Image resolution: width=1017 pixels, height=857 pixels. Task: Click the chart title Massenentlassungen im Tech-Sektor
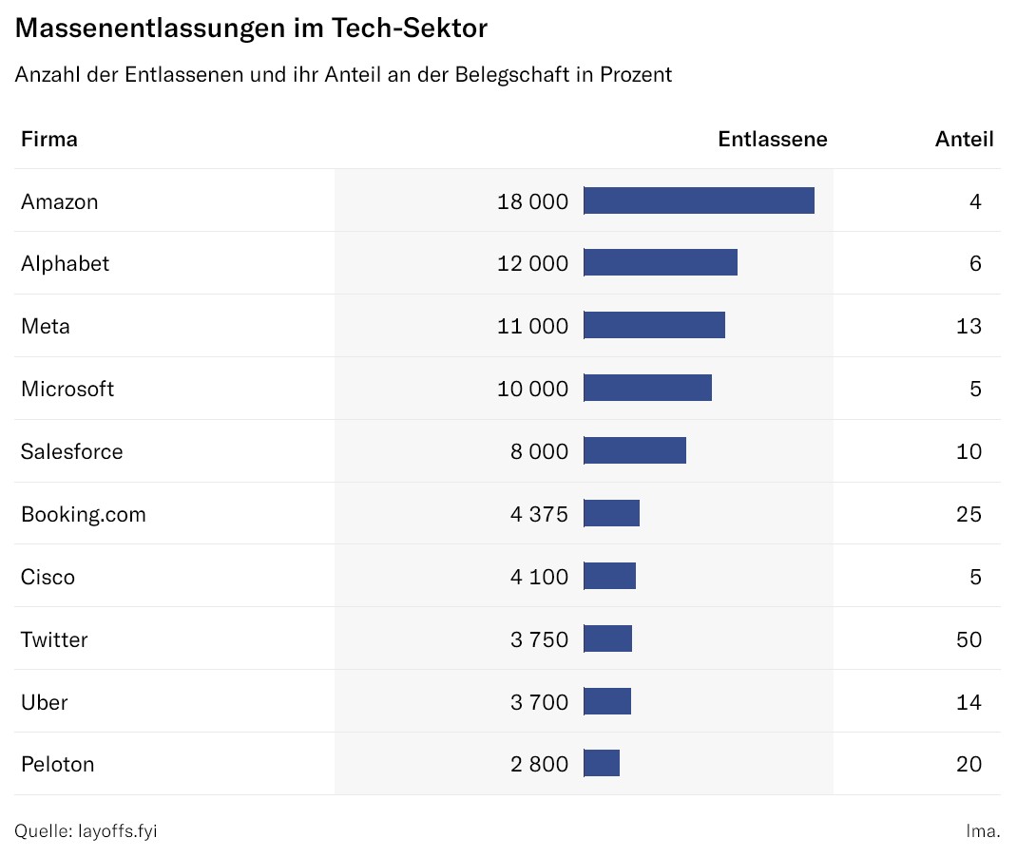[251, 29]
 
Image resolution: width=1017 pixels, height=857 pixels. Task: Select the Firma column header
[49, 140]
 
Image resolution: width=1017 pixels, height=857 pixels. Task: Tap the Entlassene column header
[772, 140]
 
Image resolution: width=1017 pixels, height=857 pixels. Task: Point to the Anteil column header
[964, 140]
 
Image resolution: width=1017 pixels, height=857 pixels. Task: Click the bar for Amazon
[699, 200]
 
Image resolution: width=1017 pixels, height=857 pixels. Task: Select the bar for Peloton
[602, 764]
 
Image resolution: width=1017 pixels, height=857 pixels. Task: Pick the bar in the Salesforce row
[635, 451]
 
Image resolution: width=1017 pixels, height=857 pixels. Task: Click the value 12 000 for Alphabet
[532, 264]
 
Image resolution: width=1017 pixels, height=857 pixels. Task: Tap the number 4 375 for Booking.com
[539, 515]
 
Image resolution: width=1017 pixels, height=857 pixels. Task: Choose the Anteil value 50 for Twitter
[969, 640]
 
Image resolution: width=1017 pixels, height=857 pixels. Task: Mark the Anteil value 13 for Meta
[969, 327]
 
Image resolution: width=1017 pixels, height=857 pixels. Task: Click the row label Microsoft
[67, 390]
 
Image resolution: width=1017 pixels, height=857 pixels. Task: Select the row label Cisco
[48, 578]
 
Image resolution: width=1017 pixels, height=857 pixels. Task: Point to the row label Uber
[45, 703]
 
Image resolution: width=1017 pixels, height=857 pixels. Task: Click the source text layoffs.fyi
[117, 831]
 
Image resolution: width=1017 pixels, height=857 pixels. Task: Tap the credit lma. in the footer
[983, 831]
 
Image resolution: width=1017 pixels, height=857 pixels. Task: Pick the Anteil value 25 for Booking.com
[969, 515]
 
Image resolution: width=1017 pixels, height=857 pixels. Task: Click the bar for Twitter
[607, 639]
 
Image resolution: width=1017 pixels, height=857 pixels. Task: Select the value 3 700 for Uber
[539, 703]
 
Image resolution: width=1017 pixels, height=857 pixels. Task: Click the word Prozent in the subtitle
[636, 75]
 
